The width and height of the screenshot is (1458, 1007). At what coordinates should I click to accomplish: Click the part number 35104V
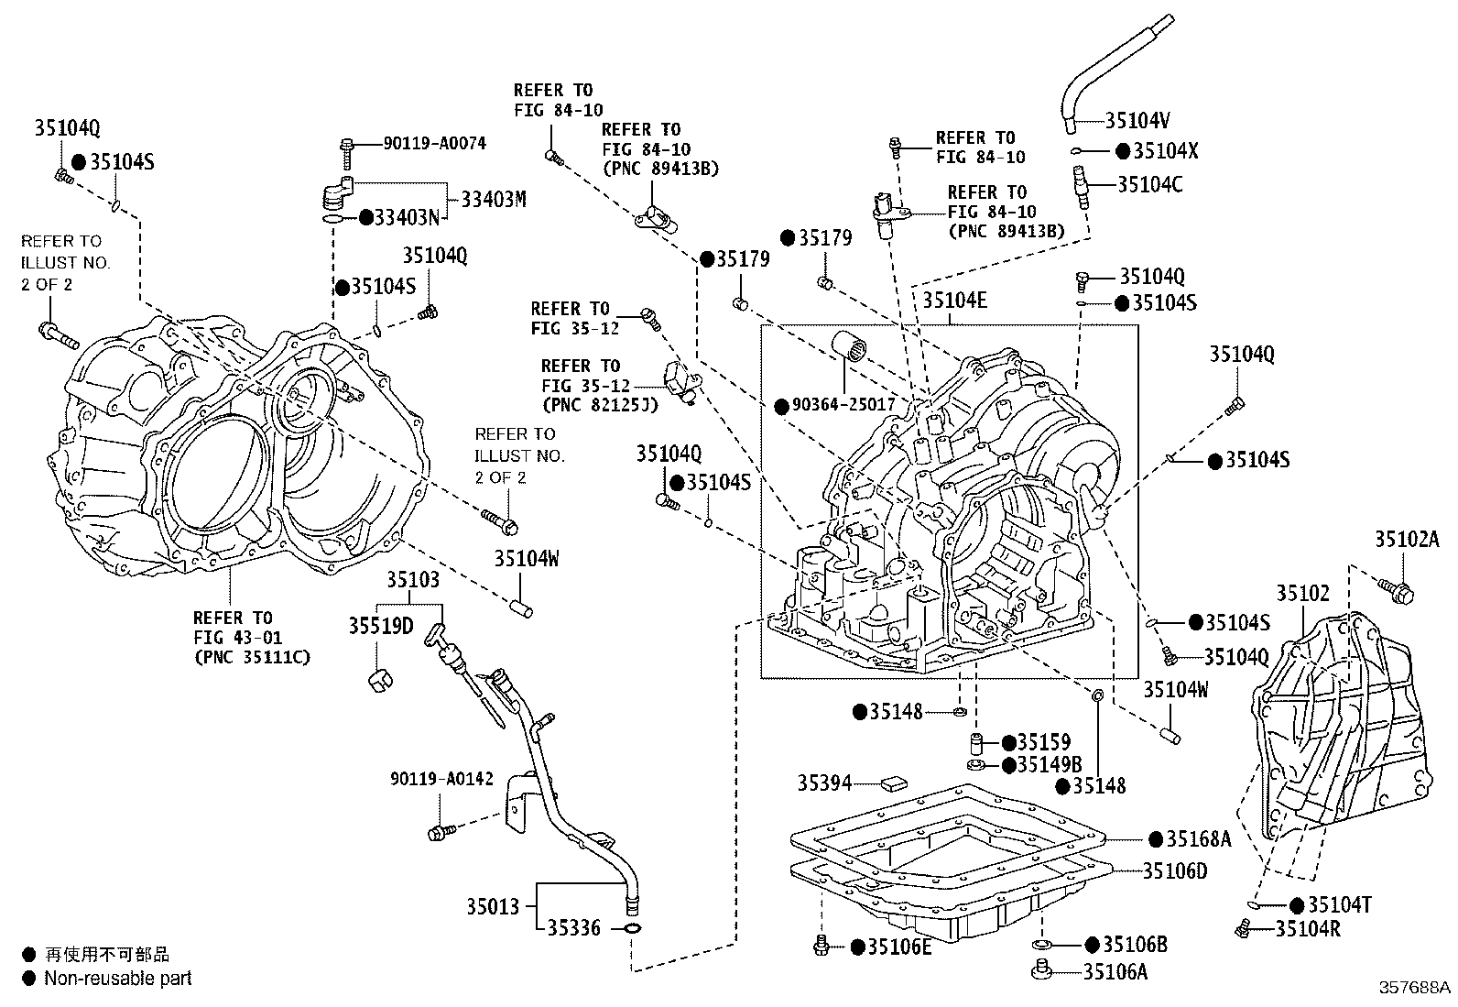(x=1137, y=120)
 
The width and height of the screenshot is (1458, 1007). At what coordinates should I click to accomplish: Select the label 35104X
(x=1166, y=151)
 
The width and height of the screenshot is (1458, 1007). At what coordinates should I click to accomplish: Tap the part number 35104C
(x=1150, y=185)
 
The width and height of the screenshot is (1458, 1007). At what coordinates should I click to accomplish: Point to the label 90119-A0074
(x=435, y=143)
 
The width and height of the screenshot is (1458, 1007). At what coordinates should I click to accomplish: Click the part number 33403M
(x=494, y=200)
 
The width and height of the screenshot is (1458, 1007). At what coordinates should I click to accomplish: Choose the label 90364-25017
(x=843, y=404)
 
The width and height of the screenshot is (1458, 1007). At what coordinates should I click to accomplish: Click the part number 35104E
(x=955, y=300)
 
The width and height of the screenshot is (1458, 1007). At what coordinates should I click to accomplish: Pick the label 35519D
(x=381, y=626)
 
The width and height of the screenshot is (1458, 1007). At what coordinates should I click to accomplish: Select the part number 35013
(x=493, y=906)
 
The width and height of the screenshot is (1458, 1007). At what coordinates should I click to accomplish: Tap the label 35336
(x=573, y=927)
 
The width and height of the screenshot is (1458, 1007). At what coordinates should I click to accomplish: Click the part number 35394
(x=824, y=783)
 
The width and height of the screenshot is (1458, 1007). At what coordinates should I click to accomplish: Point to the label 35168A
(x=1198, y=839)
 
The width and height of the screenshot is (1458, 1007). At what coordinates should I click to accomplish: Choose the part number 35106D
(x=1175, y=870)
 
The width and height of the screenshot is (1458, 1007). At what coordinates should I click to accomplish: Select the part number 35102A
(x=1407, y=540)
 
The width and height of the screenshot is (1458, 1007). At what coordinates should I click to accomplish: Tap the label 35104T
(x=1340, y=904)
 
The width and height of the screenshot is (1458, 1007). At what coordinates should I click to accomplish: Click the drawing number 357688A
(x=1413, y=987)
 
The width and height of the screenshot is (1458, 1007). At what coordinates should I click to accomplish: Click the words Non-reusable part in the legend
(x=118, y=979)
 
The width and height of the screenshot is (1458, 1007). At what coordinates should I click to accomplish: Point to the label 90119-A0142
(x=442, y=779)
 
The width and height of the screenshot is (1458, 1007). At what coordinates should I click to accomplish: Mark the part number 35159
(x=1043, y=742)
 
